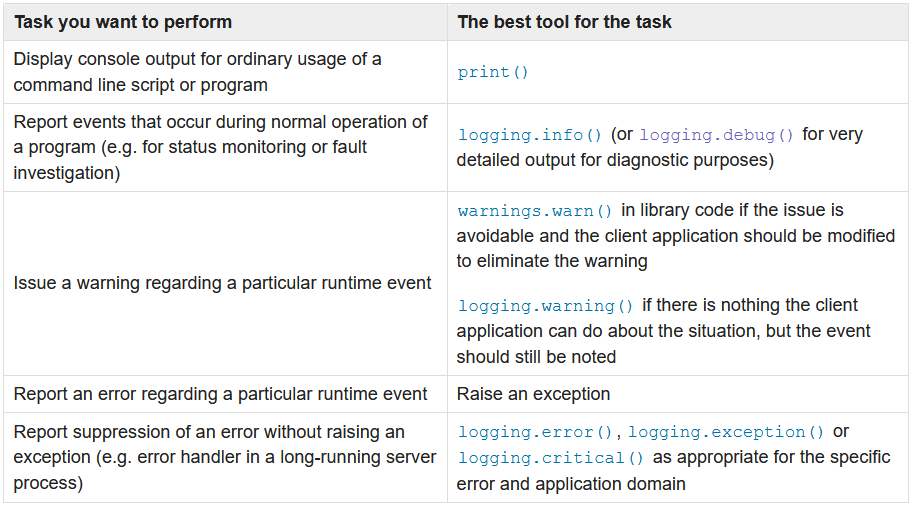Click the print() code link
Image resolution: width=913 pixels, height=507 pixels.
(493, 72)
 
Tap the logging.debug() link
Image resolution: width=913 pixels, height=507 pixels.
(716, 134)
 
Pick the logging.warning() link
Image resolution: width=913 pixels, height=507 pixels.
(545, 305)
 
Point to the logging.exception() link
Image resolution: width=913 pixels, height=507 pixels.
(726, 432)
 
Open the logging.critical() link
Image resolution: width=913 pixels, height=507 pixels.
(551, 458)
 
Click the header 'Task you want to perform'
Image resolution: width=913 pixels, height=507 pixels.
(123, 21)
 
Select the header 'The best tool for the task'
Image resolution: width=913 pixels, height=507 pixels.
(565, 21)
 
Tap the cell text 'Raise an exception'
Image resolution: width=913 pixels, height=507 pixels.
(533, 394)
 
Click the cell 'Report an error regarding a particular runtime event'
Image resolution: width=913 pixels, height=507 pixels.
(221, 394)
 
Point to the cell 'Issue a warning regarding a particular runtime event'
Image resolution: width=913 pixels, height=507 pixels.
(223, 283)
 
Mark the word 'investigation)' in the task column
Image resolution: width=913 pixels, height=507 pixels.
(67, 173)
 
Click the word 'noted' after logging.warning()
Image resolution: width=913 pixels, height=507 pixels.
(593, 356)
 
